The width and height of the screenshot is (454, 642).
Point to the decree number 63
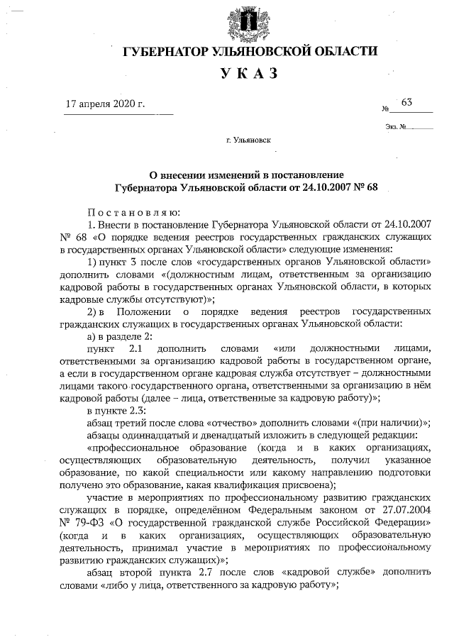pos(406,102)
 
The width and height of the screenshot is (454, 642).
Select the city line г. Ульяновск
pos(248,140)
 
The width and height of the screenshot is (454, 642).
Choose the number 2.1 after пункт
pos(135,348)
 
